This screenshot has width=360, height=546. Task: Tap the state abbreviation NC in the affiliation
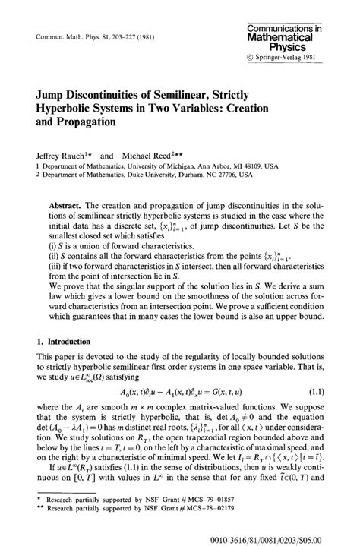222,175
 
